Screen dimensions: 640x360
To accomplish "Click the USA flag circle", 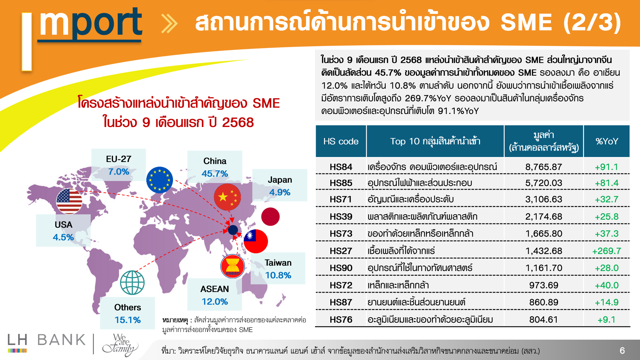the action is pyautogui.click(x=69, y=201).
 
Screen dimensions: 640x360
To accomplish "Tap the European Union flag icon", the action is pyautogui.click(x=160, y=180).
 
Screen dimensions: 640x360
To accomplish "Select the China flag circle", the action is pyautogui.click(x=227, y=197).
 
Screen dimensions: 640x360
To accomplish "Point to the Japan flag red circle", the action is pyautogui.click(x=270, y=217).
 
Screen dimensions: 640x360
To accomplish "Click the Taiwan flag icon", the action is pyautogui.click(x=256, y=241).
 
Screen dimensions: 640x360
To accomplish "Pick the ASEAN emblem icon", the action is pyautogui.click(x=233, y=266).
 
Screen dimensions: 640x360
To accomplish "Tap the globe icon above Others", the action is pyautogui.click(x=132, y=283).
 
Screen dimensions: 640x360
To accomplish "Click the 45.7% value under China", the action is pyautogui.click(x=215, y=174).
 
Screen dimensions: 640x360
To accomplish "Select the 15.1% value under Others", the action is pyautogui.click(x=128, y=320).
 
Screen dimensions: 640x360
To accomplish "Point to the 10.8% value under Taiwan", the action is pyautogui.click(x=278, y=275).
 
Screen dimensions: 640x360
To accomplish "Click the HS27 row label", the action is pyautogui.click(x=341, y=251).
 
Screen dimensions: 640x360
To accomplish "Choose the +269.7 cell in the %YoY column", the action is pyautogui.click(x=606, y=251).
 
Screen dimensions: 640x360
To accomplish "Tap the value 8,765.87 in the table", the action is pyautogui.click(x=544, y=167).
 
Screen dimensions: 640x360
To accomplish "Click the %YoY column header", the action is pyautogui.click(x=607, y=141).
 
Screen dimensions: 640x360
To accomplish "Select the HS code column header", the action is pyautogui.click(x=341, y=141).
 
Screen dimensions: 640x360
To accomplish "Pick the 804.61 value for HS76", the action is pyautogui.click(x=544, y=320).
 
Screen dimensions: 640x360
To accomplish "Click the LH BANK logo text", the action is pyautogui.click(x=47, y=340).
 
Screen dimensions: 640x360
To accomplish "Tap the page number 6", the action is pyautogui.click(x=622, y=350).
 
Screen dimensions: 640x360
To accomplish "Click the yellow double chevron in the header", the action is pyautogui.click(x=169, y=23).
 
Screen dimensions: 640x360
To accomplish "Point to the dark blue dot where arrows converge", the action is pyautogui.click(x=233, y=230).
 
